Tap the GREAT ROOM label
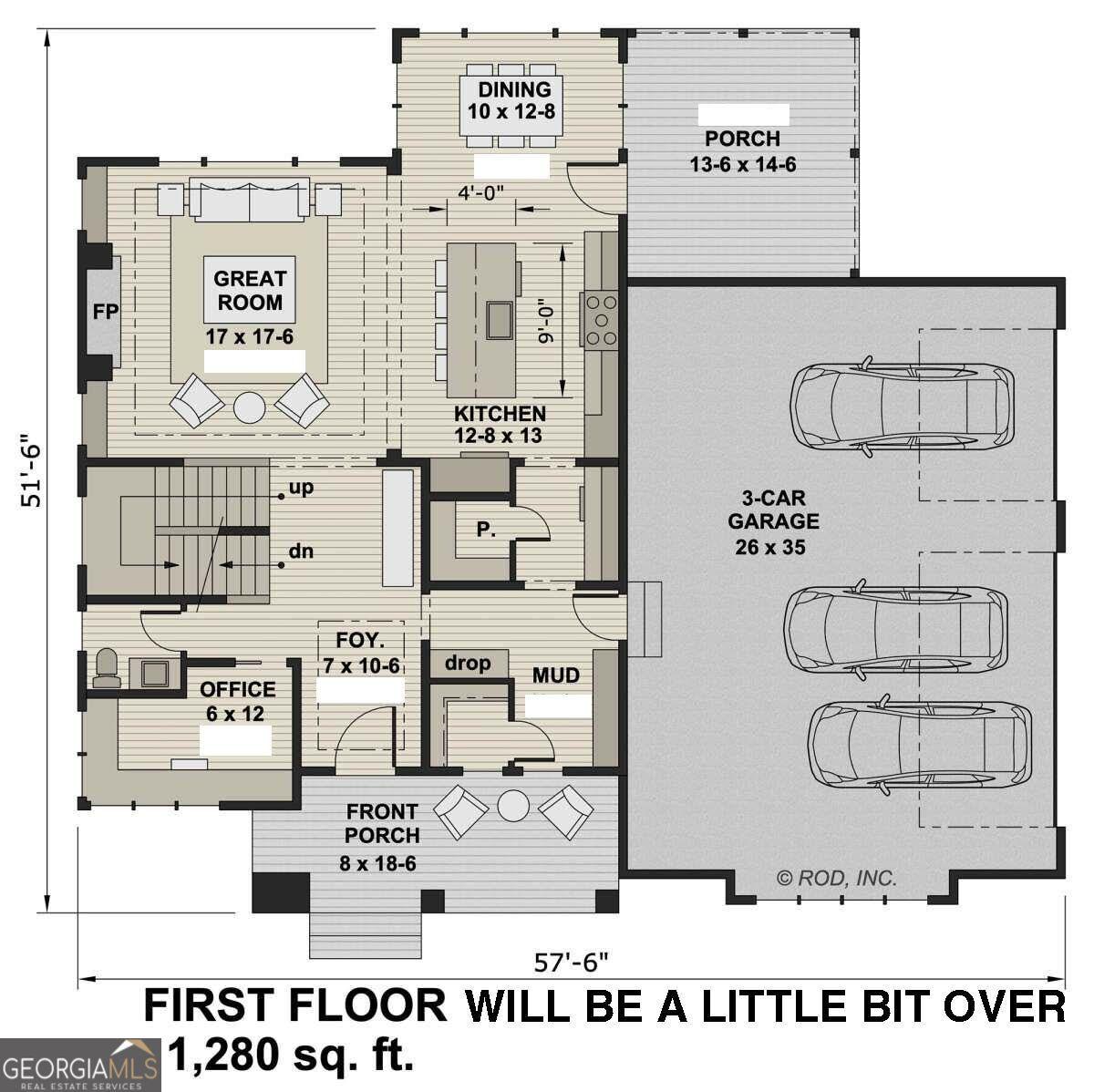(x=249, y=290)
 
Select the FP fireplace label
(x=106, y=312)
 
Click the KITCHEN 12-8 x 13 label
(x=499, y=425)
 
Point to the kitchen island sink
(x=500, y=320)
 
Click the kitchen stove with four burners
(x=600, y=319)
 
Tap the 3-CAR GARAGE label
(x=773, y=522)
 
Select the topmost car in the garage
(x=902, y=406)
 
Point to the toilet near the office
(x=106, y=668)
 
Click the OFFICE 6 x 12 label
(x=237, y=701)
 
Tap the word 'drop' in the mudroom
(x=468, y=664)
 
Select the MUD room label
(x=555, y=675)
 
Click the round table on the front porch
(x=513, y=807)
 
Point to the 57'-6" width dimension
(x=571, y=962)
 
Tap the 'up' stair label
(x=301, y=488)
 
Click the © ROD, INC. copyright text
(x=837, y=878)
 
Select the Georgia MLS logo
(x=80, y=1065)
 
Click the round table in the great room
(x=249, y=407)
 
